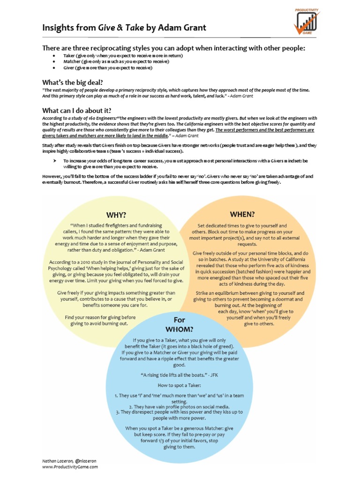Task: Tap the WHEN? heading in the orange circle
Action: pyautogui.click(x=242, y=214)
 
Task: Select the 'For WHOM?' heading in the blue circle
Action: pyautogui.click(x=176, y=324)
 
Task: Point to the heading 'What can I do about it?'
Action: pyautogui.click(x=77, y=110)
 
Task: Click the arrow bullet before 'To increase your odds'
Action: pyautogui.click(x=55, y=160)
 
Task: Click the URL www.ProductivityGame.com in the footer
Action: pyautogui.click(x=70, y=467)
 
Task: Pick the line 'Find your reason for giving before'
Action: pyautogui.click(x=100, y=317)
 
